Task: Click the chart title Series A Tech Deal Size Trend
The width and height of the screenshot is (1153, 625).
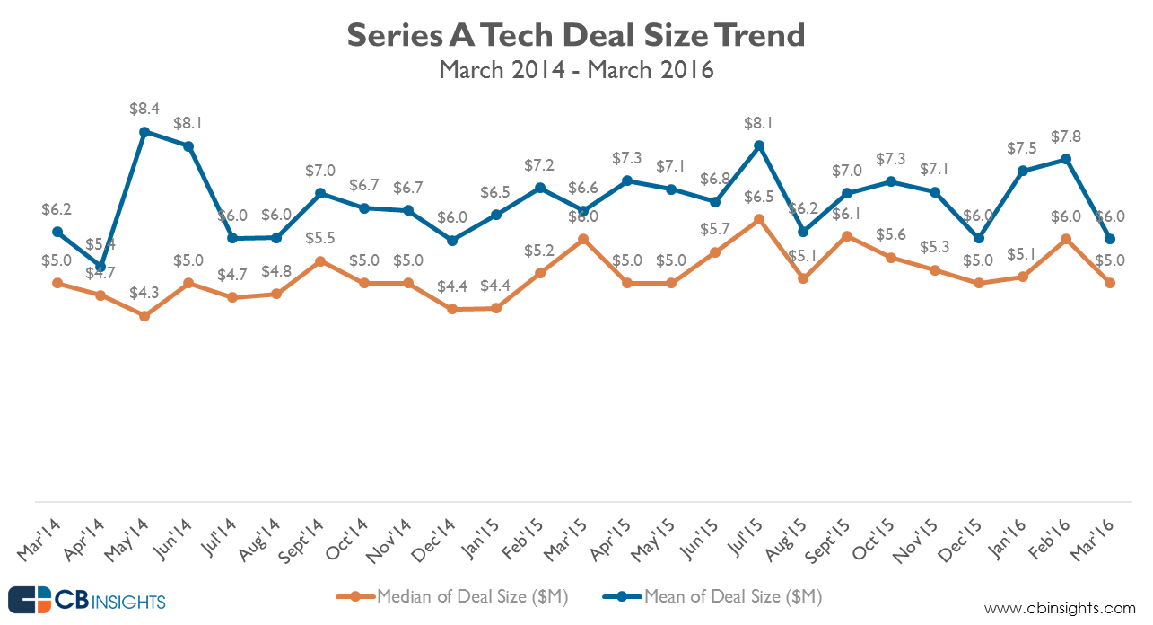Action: coord(576,35)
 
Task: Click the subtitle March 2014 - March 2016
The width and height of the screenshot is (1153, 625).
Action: coord(576,69)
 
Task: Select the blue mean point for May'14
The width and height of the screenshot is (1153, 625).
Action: coord(144,132)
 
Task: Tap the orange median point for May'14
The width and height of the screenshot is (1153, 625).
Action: coord(144,316)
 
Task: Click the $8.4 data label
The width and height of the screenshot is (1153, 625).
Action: coord(144,109)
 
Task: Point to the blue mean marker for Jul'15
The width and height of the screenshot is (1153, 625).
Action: coord(759,145)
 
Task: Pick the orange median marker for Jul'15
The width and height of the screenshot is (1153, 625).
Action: coord(759,219)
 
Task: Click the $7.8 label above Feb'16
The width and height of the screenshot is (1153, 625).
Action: coord(1066,136)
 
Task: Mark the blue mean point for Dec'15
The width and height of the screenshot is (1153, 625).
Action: coord(978,238)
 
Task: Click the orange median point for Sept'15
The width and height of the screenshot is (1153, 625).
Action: coord(846,236)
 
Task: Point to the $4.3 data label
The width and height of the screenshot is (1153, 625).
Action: coord(144,292)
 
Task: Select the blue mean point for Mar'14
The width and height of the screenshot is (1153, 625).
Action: coord(57,232)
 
